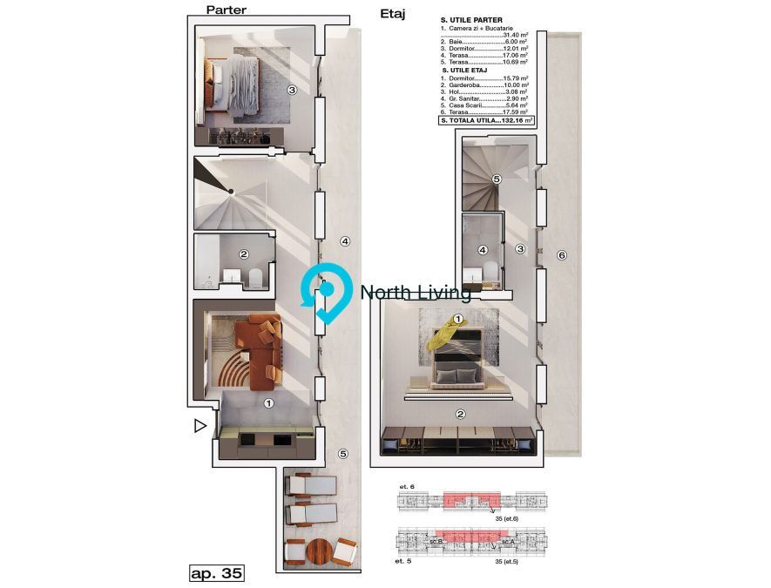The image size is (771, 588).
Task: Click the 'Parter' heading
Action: click(226, 10)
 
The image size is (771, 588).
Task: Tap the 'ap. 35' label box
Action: click(216, 573)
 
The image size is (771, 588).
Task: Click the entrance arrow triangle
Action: click(200, 426)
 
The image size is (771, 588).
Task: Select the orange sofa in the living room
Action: click(261, 348)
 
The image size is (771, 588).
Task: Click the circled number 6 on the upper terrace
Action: click(562, 255)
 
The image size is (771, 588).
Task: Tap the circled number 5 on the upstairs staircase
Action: click(496, 179)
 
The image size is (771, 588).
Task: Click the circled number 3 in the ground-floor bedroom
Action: click(292, 90)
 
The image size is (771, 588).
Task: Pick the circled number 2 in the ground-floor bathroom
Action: click(244, 255)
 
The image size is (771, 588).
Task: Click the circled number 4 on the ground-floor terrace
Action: click(344, 241)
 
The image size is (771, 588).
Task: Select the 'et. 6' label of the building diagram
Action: click(405, 485)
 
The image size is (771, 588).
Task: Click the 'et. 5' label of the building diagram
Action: click(403, 562)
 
